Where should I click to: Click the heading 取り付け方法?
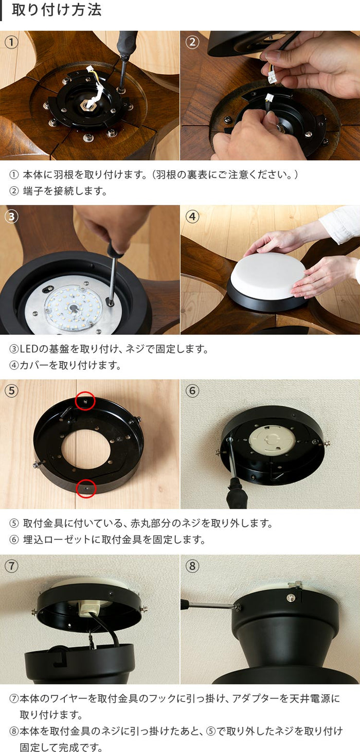[x=57, y=10]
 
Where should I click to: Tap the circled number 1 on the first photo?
[x=11, y=42]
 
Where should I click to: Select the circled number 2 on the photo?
[x=192, y=42]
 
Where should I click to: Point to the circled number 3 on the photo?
[x=11, y=217]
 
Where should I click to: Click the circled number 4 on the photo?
[x=192, y=217]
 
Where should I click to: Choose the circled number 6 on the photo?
[x=192, y=391]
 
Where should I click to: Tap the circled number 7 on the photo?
[x=11, y=566]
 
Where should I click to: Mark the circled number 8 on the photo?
[x=192, y=566]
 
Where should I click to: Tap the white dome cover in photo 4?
[x=268, y=275]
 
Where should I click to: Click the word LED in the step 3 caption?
[x=29, y=349]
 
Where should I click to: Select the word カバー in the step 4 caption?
[x=34, y=365]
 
